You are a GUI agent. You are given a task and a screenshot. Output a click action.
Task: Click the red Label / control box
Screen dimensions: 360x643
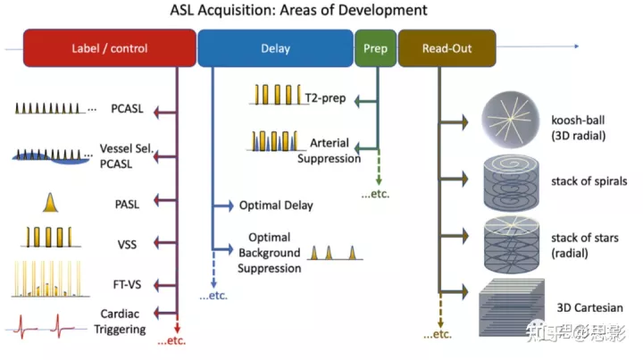tap(109, 48)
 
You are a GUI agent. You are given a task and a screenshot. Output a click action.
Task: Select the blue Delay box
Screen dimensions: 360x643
tap(275, 48)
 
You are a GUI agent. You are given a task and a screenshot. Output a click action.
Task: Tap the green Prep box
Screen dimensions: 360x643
tap(375, 48)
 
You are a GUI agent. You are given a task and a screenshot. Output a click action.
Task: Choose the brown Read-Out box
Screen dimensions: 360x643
tap(447, 48)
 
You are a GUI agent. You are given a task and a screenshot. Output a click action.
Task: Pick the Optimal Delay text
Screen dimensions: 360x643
tap(276, 205)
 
